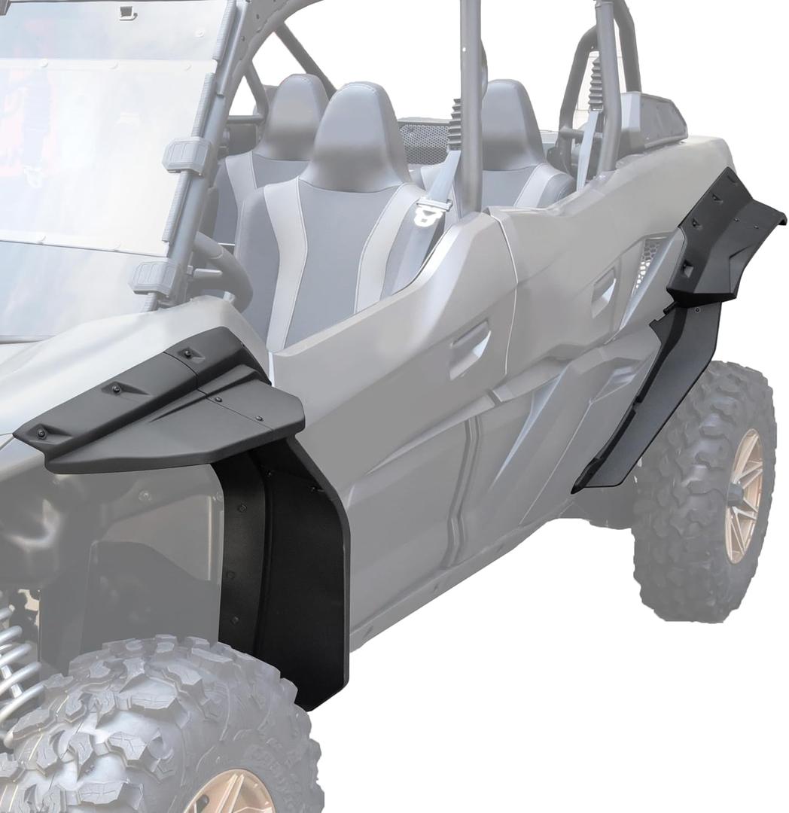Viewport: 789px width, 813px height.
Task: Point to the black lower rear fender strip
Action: (647, 399)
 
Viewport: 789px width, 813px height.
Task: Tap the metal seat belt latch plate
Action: (434, 213)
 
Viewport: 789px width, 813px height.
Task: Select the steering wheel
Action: (226, 271)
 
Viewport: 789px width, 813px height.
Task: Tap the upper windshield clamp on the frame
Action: (184, 155)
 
